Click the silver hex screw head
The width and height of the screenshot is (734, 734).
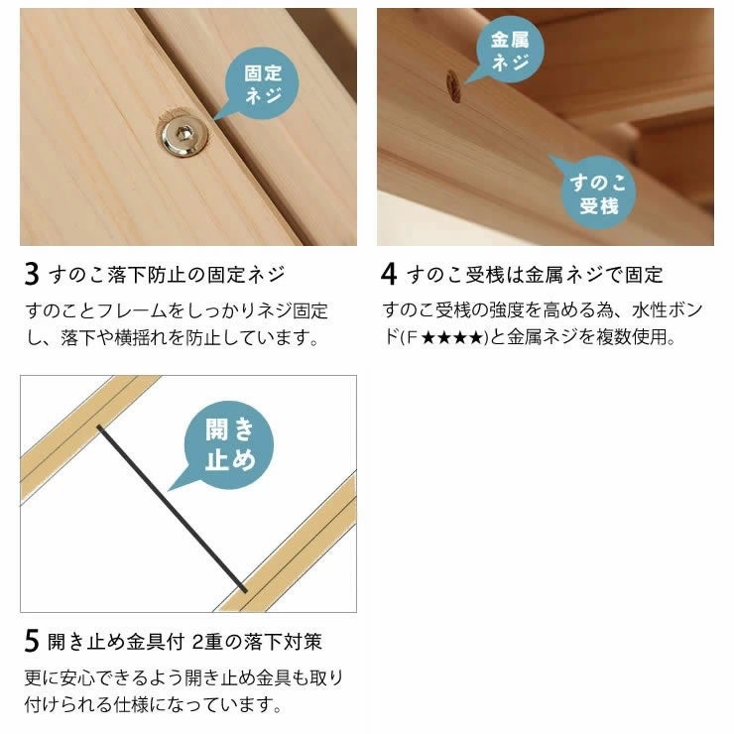183,135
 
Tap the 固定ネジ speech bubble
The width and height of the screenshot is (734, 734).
260,84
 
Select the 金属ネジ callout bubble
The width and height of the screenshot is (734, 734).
508,50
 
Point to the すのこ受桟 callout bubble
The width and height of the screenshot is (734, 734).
595,191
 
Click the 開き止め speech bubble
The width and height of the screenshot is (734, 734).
228,444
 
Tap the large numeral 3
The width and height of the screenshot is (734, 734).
32,275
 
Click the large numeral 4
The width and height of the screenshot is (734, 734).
389,275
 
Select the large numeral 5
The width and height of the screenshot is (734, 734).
32,641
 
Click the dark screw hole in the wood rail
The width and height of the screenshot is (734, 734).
453,86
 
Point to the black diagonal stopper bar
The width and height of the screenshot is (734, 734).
172,509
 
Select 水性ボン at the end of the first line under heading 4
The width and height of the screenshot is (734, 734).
668,309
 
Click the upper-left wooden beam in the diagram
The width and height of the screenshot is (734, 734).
89,437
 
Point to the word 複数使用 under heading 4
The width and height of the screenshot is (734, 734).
631,336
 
